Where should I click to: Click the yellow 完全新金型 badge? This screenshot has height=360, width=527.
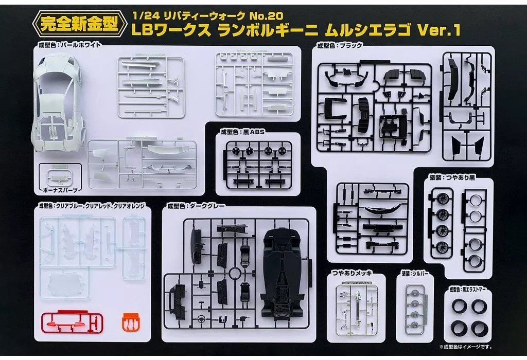[x=80, y=24]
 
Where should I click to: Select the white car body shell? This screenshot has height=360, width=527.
[x=58, y=103]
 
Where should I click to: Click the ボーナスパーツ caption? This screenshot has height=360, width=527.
[x=61, y=190]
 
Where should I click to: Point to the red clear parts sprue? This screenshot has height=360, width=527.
[x=72, y=322]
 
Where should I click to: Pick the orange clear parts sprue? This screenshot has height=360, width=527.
[x=130, y=322]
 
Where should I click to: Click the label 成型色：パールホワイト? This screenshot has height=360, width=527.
[x=70, y=45]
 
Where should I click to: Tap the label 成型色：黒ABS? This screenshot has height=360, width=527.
[x=243, y=132]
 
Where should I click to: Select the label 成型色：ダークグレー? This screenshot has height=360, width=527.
[x=196, y=206]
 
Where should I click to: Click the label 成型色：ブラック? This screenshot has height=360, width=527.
[x=340, y=45]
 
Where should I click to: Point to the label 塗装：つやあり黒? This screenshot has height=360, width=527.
[x=452, y=177]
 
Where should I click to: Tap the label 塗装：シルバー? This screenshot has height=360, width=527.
[x=415, y=274]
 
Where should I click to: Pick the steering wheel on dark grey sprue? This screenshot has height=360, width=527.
[x=201, y=317]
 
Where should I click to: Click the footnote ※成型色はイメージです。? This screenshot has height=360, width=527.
[x=465, y=347]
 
